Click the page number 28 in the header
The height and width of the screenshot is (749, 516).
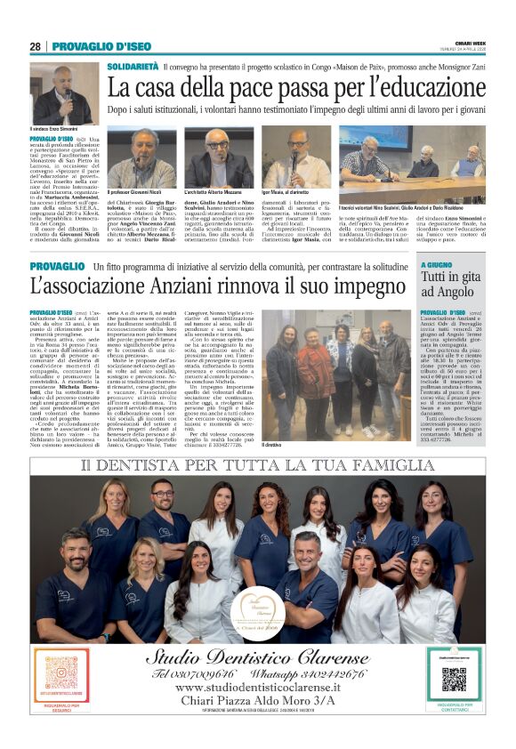pos(36,46)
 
